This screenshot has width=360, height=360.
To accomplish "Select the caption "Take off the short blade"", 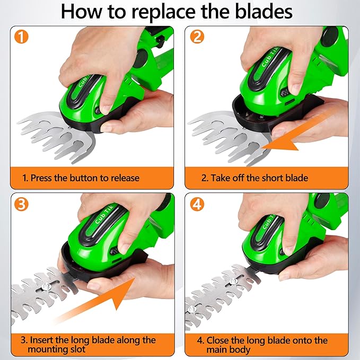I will click(254, 178).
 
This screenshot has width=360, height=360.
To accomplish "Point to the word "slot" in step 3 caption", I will click(78, 350).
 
